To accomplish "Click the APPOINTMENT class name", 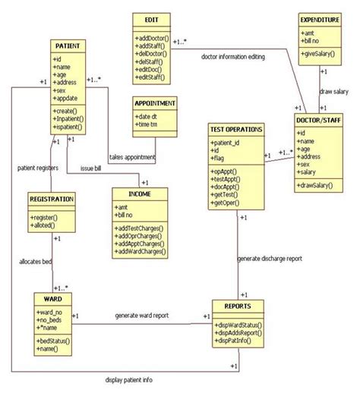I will tap(155, 104).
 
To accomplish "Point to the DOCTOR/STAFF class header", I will tap(321, 121).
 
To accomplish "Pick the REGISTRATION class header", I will tap(52, 200).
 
